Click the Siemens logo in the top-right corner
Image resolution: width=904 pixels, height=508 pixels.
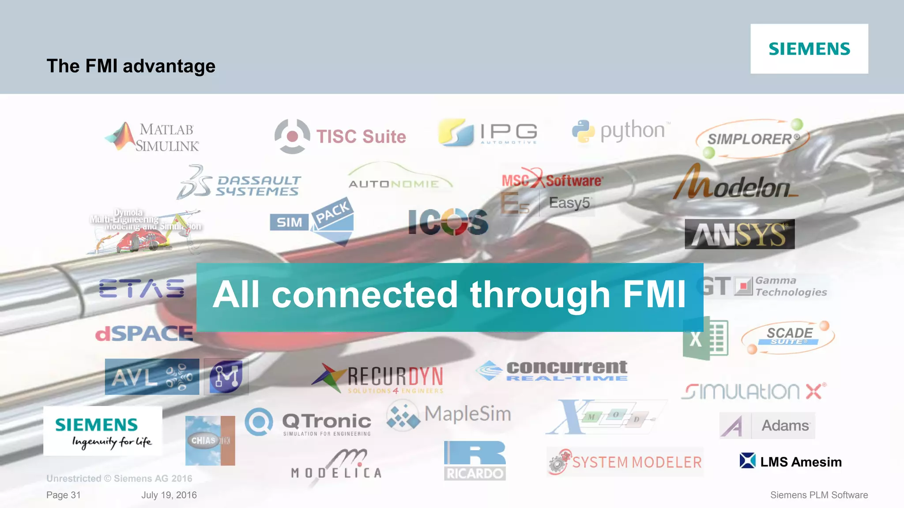pos(809,49)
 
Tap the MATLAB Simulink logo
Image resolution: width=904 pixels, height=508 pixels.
pos(153,137)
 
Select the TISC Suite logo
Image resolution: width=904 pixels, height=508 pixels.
pos(340,136)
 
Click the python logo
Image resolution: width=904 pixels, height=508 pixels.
pos(621,131)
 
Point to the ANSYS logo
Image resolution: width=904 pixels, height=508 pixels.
pos(739,234)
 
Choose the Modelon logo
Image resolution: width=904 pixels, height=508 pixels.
pos(735,184)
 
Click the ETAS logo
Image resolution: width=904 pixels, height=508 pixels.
pos(142,288)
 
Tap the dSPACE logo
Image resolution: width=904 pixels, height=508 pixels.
pos(144,333)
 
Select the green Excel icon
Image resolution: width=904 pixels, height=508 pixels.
pos(705,339)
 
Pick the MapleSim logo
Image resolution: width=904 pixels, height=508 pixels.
pos(449,415)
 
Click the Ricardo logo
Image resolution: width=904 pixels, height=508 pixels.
pos(475,460)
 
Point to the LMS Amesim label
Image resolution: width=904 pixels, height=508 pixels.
pos(791,462)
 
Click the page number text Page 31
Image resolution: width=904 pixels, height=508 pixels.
pos(64,495)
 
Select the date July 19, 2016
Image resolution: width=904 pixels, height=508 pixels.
pos(169,495)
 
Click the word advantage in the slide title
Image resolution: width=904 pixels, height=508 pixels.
pos(169,66)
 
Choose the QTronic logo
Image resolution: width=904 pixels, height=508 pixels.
pos(309,422)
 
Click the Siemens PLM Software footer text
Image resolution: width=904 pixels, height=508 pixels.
pos(819,495)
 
